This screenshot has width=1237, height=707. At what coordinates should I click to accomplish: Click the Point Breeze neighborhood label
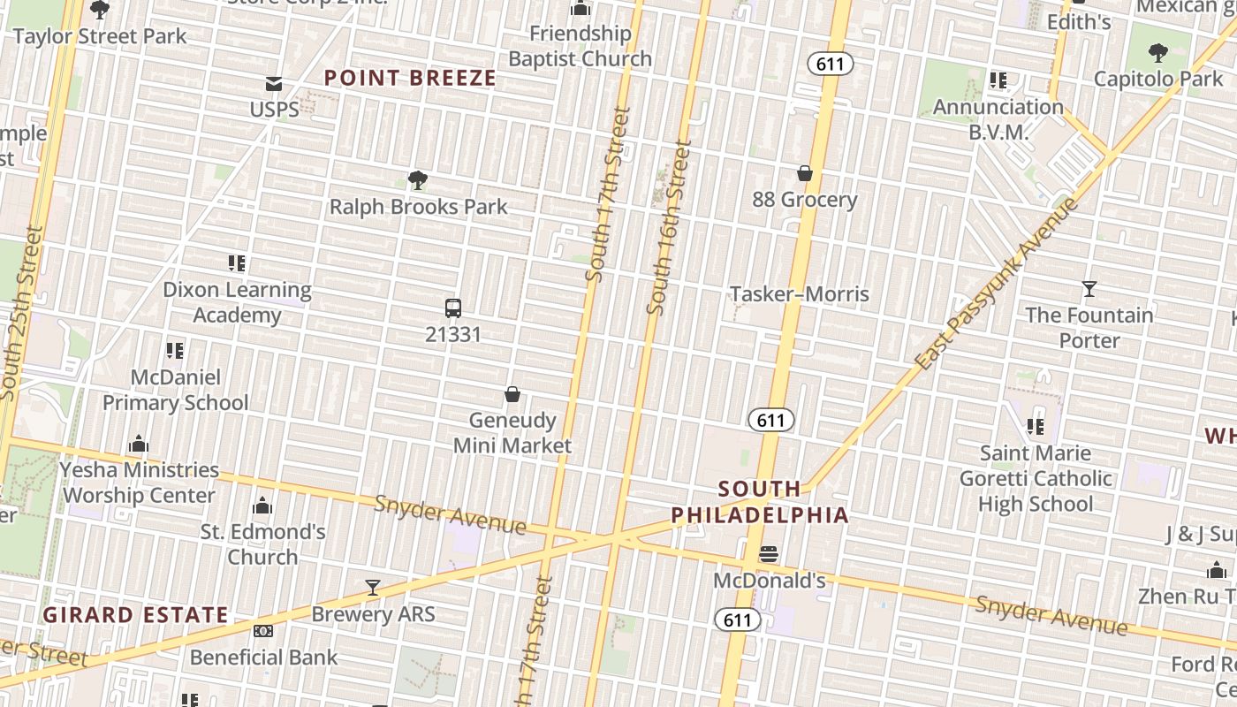coord(410,78)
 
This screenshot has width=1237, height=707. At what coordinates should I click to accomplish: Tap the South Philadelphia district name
coord(760,501)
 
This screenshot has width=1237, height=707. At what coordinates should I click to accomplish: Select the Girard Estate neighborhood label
coord(136,614)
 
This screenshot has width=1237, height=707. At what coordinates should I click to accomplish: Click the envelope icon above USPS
coord(274,84)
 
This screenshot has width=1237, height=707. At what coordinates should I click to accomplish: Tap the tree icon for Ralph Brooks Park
coord(418,181)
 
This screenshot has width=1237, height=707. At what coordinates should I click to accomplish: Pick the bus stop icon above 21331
coord(453,308)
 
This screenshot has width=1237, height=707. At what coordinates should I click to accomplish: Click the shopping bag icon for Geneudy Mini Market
coord(512,394)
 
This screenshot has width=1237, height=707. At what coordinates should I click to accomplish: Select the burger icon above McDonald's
coord(769,555)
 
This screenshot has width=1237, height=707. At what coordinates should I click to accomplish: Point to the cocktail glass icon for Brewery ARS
coord(373,588)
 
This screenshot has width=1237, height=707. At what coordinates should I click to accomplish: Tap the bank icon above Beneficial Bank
coord(263,631)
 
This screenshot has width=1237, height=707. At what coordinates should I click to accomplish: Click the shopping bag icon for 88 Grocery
coord(805,173)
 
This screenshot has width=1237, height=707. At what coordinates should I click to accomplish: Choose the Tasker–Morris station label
coord(800,293)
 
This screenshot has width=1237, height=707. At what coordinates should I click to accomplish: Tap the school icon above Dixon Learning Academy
coord(237,263)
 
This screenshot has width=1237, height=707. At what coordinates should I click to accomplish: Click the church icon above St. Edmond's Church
coord(262,506)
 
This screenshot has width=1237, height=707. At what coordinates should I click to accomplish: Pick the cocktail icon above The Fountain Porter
coord(1089,289)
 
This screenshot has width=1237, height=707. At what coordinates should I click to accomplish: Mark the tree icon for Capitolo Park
coord(1157,53)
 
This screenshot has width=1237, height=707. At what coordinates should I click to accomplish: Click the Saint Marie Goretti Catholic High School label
coord(1036,478)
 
